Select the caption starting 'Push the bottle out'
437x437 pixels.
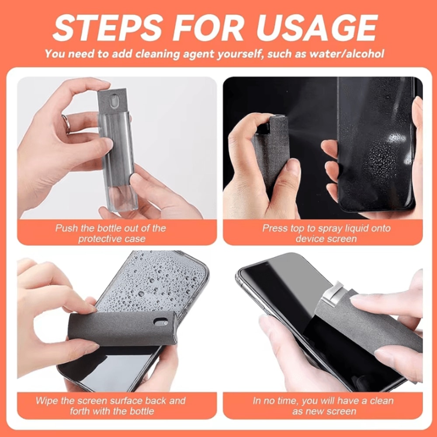pos(111,233)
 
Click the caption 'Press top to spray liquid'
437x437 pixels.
pos(326,233)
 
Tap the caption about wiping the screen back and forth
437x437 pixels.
pos(111,406)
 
